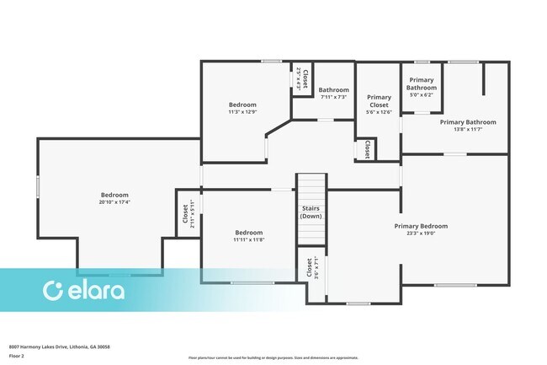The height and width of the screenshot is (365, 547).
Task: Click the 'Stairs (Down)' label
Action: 311,212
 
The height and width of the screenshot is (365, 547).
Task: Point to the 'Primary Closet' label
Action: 379,101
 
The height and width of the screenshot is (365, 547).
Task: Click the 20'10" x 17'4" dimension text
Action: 115,202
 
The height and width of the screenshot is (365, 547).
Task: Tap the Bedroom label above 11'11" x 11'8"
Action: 249,233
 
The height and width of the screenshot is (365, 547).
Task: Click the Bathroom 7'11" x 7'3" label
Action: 333,90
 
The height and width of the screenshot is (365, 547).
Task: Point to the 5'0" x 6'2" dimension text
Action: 421,95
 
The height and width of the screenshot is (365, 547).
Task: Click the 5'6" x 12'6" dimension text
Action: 379,112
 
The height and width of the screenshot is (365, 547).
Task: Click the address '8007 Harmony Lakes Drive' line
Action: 59,346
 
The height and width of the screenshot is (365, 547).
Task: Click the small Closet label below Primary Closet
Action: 368,149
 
